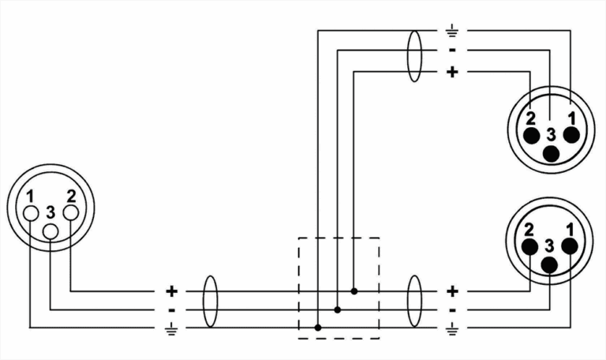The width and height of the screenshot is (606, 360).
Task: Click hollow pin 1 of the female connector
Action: pos(31,213)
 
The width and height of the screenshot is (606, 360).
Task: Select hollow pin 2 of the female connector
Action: pos(71,212)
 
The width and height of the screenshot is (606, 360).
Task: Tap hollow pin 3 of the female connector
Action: pos(50,231)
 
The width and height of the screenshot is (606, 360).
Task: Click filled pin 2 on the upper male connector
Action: pos(531,135)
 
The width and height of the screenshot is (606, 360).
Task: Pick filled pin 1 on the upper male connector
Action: pos(571,135)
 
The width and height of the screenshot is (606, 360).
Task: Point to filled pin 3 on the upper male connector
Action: pos(551,154)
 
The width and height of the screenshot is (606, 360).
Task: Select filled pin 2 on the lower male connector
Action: pos(529,246)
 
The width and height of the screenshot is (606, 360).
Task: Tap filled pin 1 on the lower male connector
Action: pos(570,246)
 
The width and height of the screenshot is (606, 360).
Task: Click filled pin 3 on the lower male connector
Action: pos(549,265)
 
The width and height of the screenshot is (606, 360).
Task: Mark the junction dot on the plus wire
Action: pos(354,291)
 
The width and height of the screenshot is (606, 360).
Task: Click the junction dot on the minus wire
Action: pos(338,309)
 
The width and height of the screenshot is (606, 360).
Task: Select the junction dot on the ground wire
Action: pos(318,328)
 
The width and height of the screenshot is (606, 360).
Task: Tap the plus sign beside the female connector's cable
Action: pos(171,291)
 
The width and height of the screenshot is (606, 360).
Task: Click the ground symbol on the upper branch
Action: pos(452,31)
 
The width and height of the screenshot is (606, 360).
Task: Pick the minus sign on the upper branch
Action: pos(452,51)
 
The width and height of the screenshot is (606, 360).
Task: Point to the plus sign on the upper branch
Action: pos(452,72)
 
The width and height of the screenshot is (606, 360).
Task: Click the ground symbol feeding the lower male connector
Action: pos(452,328)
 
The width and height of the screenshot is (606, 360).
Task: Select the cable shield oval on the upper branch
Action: pos(414,56)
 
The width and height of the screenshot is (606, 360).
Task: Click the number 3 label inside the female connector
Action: pos(50,212)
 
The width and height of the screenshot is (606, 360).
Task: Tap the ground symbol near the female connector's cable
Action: pos(170,328)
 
